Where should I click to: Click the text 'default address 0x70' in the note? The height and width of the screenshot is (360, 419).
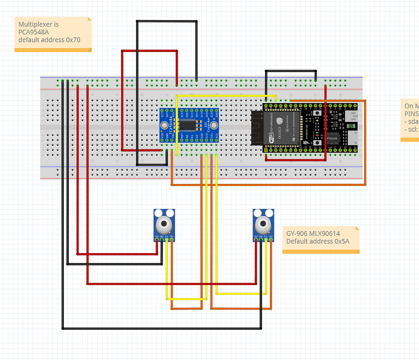coord(49,40)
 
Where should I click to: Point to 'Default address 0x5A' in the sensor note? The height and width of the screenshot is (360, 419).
coord(317,241)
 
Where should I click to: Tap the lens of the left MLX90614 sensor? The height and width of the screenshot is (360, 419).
coord(164,224)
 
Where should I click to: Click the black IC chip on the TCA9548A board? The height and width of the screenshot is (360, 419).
coord(189,125)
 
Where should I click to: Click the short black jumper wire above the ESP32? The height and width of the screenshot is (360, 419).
coord(291,71)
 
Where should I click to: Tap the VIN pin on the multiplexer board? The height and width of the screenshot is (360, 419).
coord(162,140)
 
